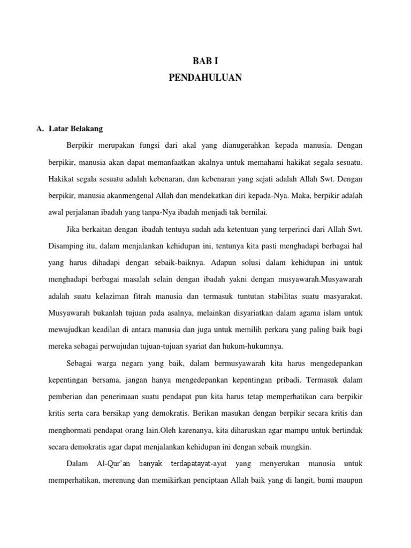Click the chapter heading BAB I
pos(205,62)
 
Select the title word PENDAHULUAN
pos(205,78)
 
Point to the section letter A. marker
pos(40,128)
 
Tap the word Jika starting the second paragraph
pos(75,230)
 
